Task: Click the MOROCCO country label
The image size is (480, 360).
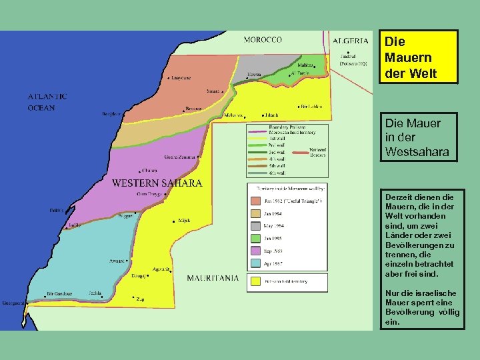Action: pos(263,40)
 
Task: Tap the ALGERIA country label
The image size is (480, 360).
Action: pos(351,40)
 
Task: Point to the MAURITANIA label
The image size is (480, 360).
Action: pos(213,278)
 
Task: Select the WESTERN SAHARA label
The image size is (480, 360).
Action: pos(157,183)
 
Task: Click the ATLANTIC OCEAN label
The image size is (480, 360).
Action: pos(47,101)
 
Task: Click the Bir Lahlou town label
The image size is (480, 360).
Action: pos(313,106)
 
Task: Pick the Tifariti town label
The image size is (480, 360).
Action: pos(272,115)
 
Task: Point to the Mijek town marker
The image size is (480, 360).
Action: pos(174,221)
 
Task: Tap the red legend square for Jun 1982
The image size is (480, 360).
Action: pos(255,200)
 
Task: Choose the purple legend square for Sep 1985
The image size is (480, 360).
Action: pos(255,251)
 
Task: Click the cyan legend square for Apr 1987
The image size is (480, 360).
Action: pos(255,263)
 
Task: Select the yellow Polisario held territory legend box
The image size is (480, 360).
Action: pos(255,281)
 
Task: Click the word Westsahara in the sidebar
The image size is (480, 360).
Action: pos(417,152)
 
